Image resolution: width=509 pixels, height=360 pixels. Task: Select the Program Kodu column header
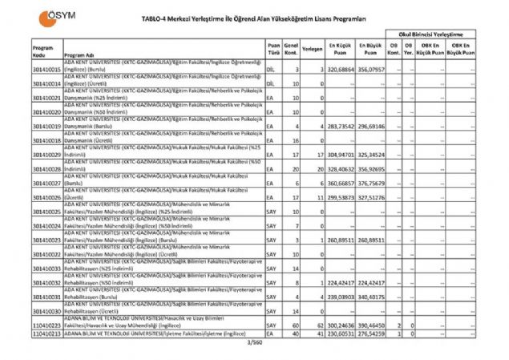[43, 51]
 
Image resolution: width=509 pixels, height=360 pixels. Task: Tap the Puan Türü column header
[274, 51]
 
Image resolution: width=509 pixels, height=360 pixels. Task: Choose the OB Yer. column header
[408, 51]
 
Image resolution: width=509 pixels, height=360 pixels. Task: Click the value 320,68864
[341, 71]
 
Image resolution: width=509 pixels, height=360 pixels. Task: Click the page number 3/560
[255, 342]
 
